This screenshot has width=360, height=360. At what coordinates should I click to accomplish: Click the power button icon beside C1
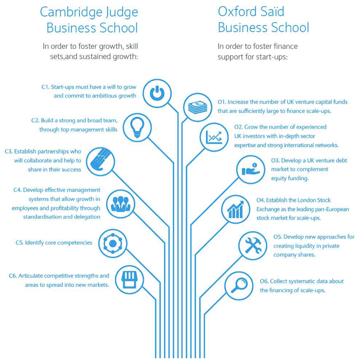(157, 93)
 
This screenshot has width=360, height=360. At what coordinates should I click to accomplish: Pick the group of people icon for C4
(120, 204)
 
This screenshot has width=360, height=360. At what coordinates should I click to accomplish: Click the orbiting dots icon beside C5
(113, 243)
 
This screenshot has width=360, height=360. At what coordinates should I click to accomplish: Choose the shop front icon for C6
(130, 280)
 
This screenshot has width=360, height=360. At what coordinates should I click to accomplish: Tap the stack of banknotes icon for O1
(198, 107)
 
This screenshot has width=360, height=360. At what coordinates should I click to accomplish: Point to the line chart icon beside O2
(214, 137)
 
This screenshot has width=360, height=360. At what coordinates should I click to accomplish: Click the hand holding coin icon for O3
(250, 169)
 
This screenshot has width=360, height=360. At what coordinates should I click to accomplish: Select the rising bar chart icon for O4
(235, 210)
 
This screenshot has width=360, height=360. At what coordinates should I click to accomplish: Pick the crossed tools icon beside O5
(253, 246)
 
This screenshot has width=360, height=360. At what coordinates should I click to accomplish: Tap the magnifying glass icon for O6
(239, 285)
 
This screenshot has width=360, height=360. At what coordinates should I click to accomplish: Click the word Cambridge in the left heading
(71, 12)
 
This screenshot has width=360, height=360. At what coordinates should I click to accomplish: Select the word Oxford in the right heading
(238, 12)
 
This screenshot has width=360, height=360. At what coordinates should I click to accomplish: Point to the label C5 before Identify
(20, 243)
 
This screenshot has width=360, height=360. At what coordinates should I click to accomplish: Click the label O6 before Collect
(264, 281)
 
